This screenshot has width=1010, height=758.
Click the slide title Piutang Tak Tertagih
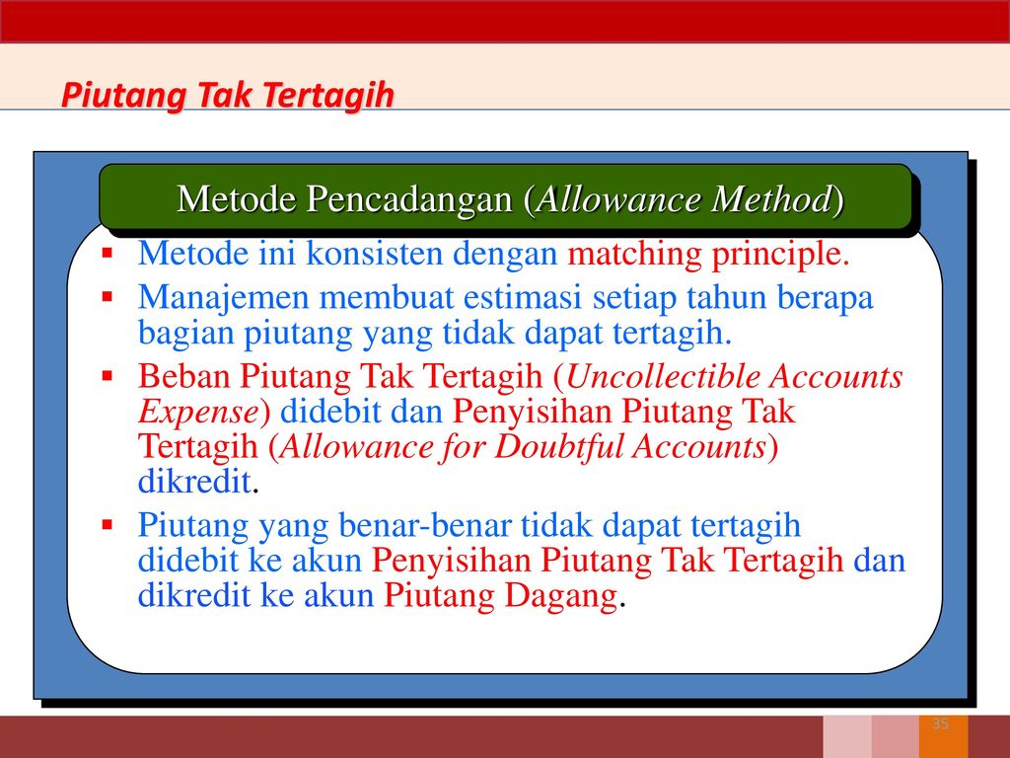pos(228,96)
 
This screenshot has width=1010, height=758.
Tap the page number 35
pos(940,723)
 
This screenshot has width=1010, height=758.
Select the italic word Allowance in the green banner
pos(617,198)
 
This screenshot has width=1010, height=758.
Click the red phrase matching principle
pos(708,254)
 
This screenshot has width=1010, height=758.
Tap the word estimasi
pos(523,297)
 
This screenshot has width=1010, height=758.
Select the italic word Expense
pos(198,413)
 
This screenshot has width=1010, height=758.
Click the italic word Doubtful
pos(560,447)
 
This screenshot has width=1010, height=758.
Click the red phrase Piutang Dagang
pos(500,595)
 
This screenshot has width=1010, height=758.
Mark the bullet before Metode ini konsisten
pos(108,252)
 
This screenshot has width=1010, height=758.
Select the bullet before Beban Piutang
pos(108,375)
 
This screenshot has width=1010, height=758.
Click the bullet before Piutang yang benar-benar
pos(108,525)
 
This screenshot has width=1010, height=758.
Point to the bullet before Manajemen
pos(108,297)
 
